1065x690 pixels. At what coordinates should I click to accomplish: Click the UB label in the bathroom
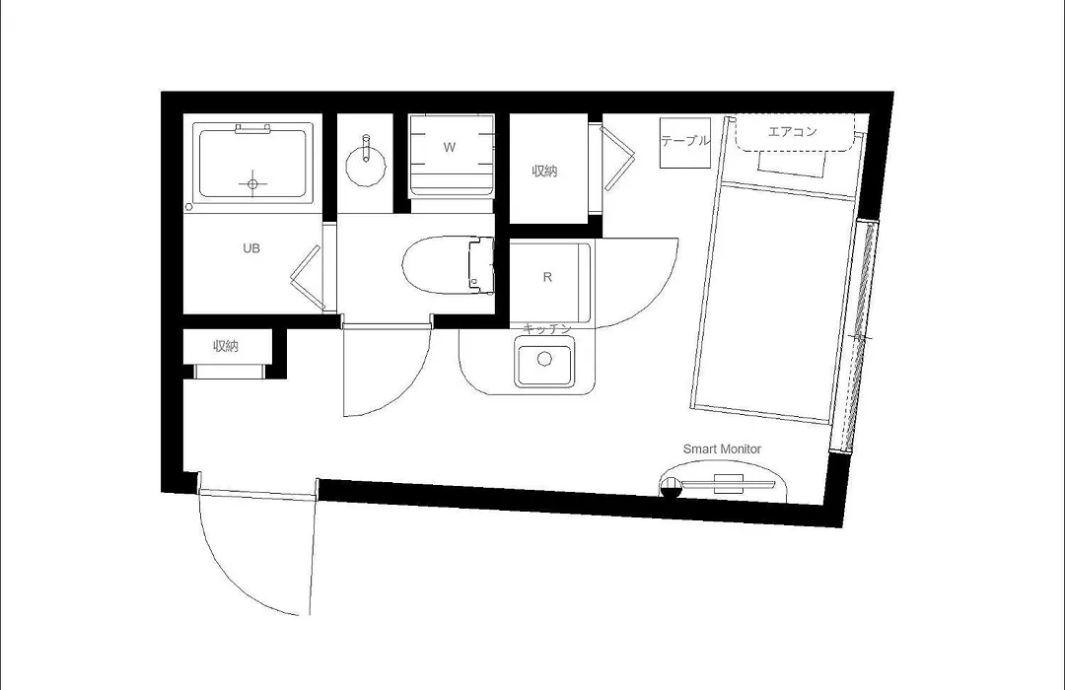click(251, 248)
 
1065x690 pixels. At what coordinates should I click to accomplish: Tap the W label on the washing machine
click(449, 148)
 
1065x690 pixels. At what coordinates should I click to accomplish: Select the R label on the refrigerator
click(547, 277)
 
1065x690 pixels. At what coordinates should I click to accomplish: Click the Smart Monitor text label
click(722, 448)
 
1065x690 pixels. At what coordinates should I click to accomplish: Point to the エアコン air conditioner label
click(792, 132)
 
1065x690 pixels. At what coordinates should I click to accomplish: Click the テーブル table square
click(685, 143)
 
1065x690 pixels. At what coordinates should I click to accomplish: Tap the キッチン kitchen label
click(547, 328)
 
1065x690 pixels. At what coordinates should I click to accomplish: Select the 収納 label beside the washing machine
click(544, 172)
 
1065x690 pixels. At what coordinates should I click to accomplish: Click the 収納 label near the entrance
click(226, 346)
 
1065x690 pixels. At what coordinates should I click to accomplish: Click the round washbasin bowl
click(366, 166)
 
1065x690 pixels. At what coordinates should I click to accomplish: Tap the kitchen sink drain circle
click(544, 359)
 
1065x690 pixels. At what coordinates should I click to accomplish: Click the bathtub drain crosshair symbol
click(252, 183)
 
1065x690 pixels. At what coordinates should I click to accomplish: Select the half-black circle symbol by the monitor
click(671, 488)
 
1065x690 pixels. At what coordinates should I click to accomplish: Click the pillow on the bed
click(792, 164)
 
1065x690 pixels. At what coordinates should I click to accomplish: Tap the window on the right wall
click(854, 335)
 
